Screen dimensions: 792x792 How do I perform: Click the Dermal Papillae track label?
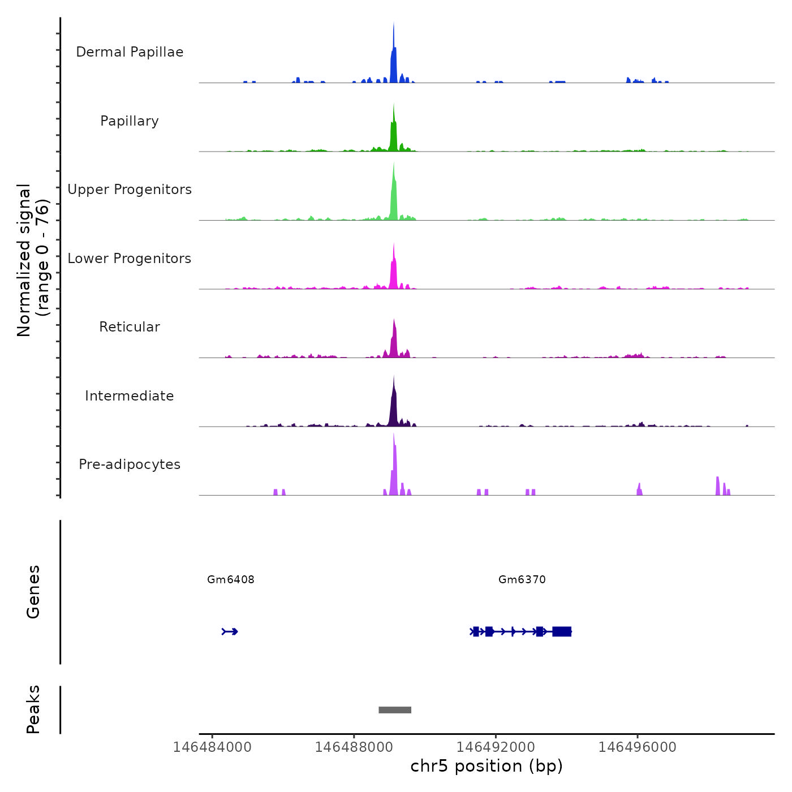click(x=130, y=52)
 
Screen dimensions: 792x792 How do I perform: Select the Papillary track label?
click(x=130, y=121)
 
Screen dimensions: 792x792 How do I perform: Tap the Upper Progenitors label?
click(x=130, y=190)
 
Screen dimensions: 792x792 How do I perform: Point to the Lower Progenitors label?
click(x=130, y=259)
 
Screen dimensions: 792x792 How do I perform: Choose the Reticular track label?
click(x=130, y=327)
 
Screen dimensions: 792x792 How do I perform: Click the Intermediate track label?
click(x=130, y=396)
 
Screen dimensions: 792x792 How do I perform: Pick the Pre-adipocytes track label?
click(x=130, y=464)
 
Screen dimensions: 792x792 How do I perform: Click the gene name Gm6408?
click(x=231, y=579)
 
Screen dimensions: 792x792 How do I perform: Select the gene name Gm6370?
click(x=522, y=579)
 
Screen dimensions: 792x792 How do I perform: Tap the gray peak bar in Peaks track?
click(x=395, y=710)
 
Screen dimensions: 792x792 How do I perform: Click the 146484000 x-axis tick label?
click(x=212, y=747)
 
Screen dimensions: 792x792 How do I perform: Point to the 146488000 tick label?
click(x=354, y=747)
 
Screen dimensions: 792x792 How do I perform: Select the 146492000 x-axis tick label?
click(x=496, y=747)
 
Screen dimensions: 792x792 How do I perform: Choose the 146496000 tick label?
click(x=638, y=747)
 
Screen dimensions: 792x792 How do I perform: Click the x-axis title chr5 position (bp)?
click(x=487, y=767)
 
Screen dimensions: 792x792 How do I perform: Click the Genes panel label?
click(x=33, y=592)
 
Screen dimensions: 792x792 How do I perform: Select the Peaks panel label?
click(x=33, y=709)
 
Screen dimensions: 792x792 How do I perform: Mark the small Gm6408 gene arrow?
click(x=230, y=631)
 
